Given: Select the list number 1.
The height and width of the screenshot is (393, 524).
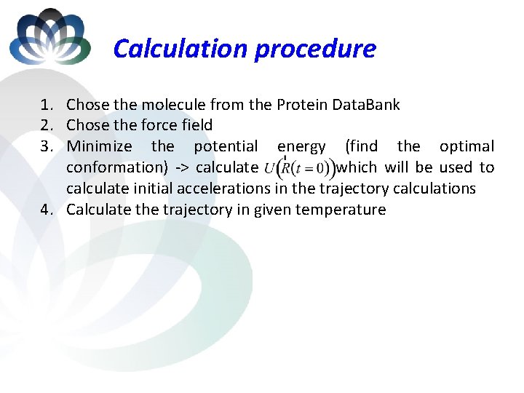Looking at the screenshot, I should [46, 105].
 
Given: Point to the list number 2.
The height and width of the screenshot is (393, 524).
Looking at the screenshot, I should [46, 125].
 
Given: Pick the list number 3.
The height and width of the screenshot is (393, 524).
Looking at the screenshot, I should [46, 146].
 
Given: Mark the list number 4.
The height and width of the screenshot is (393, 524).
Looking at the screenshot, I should [46, 210].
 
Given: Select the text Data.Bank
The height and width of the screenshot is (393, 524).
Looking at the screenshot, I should [368, 105].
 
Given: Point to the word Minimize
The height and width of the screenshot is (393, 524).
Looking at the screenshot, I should [99, 146].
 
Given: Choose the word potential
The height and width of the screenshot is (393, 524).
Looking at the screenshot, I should [226, 146].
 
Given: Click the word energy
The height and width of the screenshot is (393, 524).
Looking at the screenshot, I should [301, 146].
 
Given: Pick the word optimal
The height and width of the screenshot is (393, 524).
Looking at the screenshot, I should [467, 146].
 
